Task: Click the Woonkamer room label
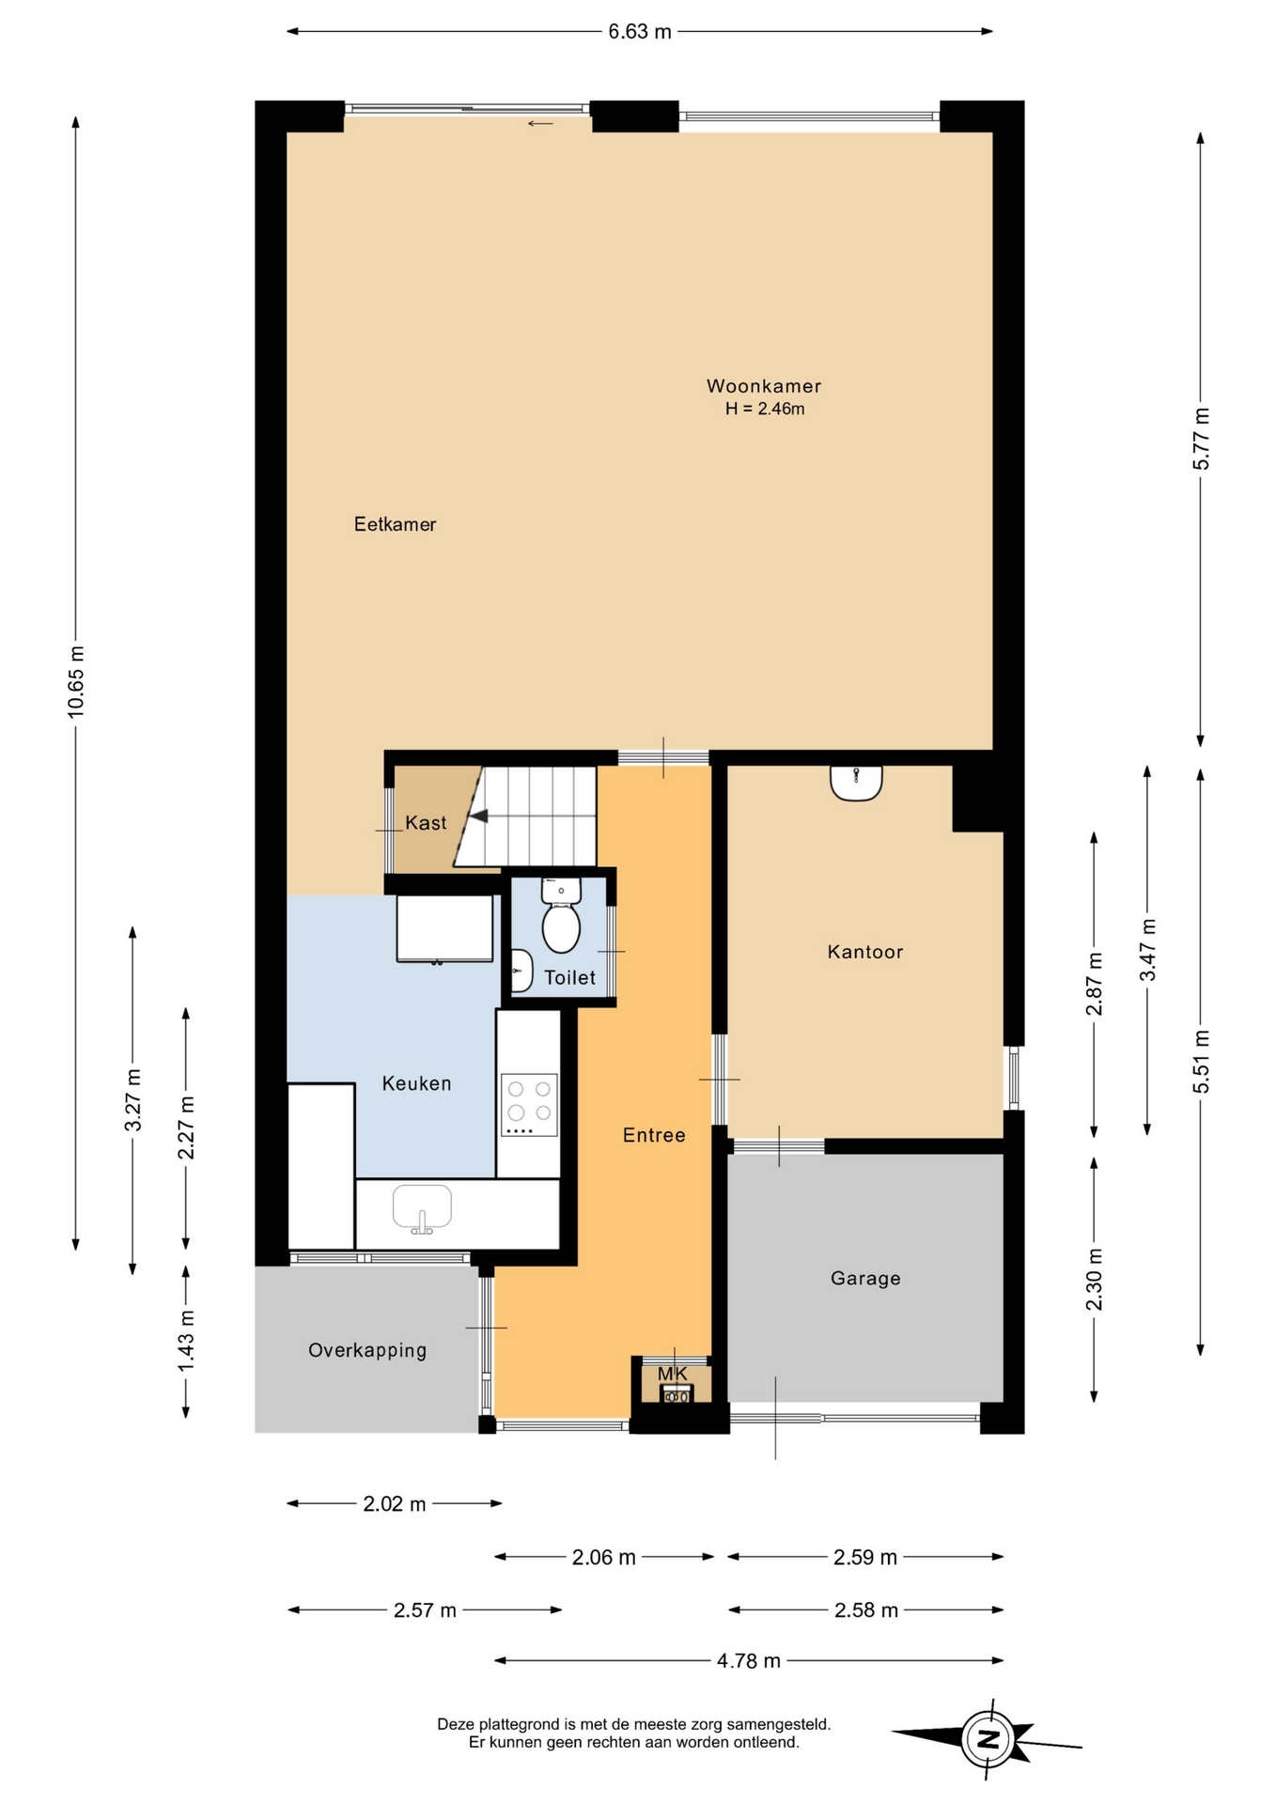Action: [x=763, y=386]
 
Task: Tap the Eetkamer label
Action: [x=395, y=524]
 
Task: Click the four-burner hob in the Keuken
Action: [x=530, y=1104]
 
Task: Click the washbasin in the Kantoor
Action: [x=856, y=783]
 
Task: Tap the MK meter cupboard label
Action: [x=673, y=1375]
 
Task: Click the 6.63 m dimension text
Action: [x=640, y=32]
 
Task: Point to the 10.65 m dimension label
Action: [x=76, y=682]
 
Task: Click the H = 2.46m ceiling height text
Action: [x=765, y=409]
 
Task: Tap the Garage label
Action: [x=865, y=1279]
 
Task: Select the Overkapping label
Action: [x=367, y=1351]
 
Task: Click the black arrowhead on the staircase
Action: [x=479, y=816]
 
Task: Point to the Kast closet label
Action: [x=426, y=823]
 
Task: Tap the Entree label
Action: [x=654, y=1135]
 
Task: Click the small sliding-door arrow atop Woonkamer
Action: [x=540, y=123]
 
